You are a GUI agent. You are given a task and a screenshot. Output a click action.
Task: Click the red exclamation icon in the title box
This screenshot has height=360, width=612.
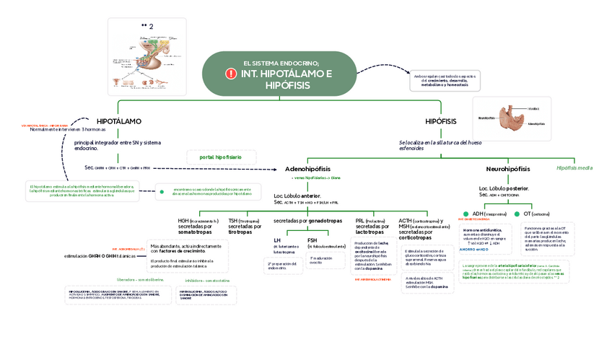pos(231,74)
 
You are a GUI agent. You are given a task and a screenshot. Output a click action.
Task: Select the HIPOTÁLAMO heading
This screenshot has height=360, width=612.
pos(119,120)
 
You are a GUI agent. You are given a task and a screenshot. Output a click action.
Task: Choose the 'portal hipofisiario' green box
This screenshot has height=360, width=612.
pos(221,157)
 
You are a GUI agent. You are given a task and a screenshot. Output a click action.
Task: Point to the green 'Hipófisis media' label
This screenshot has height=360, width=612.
pos(574,167)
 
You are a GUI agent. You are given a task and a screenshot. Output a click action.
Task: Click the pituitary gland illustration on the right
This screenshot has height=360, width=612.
pos(514,118)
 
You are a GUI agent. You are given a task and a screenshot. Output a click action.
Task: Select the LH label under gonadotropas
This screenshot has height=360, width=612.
pos(277,240)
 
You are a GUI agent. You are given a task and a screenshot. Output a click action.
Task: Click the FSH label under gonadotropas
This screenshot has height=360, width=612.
pos(312,240)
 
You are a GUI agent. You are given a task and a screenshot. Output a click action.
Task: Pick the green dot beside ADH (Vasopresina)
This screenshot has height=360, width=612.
pos(466,214)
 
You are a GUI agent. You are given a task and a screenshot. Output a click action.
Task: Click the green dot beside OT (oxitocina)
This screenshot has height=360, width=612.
pos(517,214)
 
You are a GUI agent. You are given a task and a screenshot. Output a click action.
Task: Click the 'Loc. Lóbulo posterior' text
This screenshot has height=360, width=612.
pos(504,188)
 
